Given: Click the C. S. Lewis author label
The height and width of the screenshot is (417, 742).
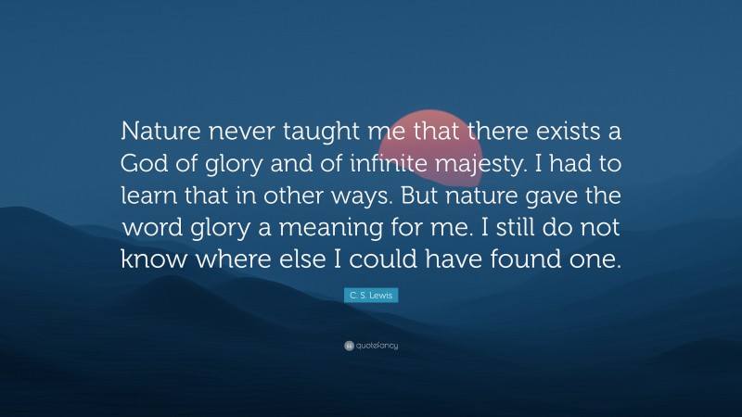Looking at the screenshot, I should pyautogui.click(x=371, y=294).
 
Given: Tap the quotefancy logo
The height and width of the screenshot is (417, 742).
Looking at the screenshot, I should pyautogui.click(x=371, y=346).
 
